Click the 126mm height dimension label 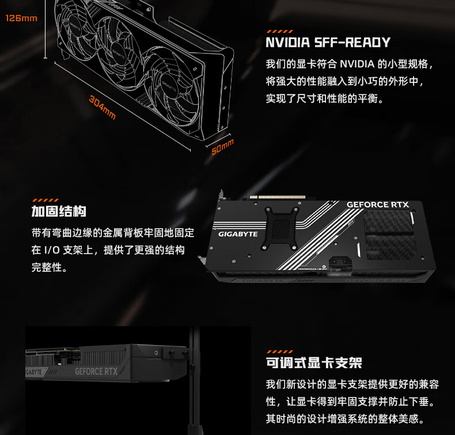(x=21, y=18)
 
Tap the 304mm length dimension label (x=102, y=107)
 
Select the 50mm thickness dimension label (x=222, y=147)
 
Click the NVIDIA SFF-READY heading (x=328, y=43)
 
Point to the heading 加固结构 (x=59, y=211)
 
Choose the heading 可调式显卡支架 (x=314, y=363)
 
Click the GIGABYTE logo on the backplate (x=238, y=234)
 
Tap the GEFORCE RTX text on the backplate (x=377, y=205)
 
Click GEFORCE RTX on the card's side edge (x=96, y=372)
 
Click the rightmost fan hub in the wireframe (x=169, y=86)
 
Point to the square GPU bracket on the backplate (x=280, y=228)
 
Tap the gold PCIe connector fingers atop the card (x=278, y=197)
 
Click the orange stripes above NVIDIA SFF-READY (x=280, y=31)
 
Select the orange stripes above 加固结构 (x=45, y=201)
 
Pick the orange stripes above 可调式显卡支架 (x=280, y=351)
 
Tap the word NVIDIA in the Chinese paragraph (x=357, y=64)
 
